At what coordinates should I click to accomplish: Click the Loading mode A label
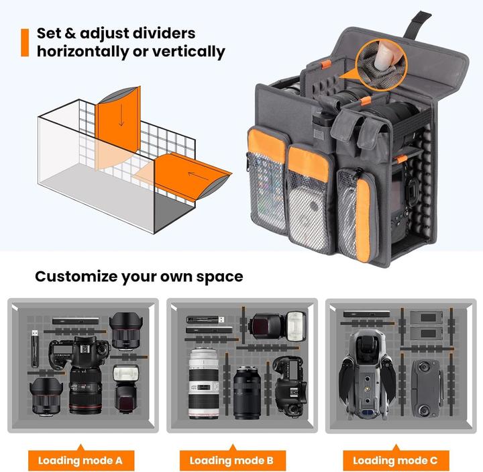[x=80, y=460]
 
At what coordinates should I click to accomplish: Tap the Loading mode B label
[x=231, y=460]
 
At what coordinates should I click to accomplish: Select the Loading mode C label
[x=395, y=460]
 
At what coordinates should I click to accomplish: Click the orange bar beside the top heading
[x=25, y=42]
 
